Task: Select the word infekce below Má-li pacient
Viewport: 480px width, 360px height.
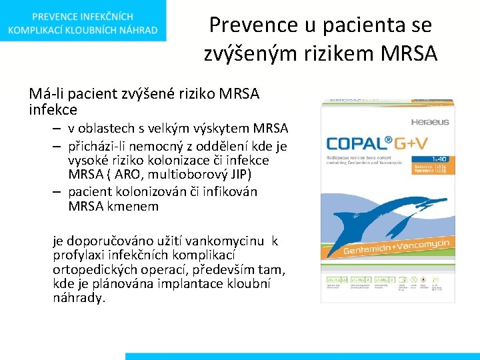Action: (x=53, y=109)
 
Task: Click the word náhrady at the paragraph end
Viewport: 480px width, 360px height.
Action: (x=79, y=298)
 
